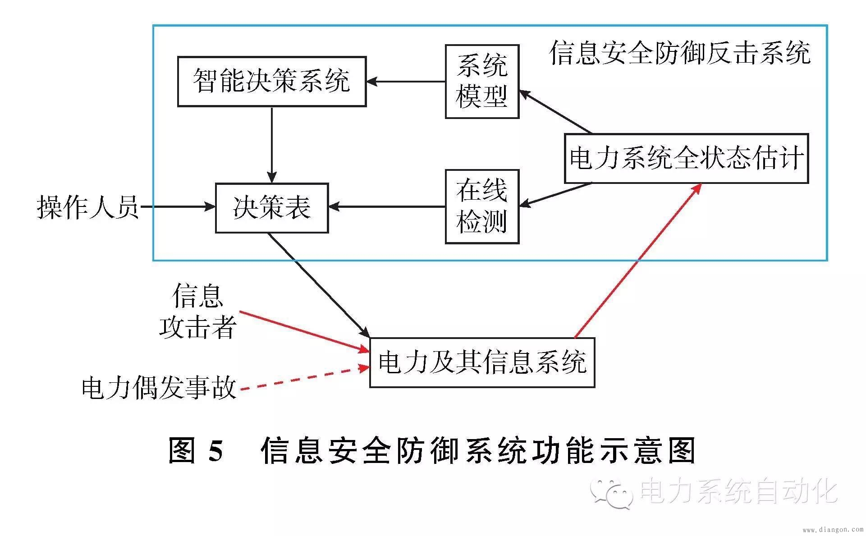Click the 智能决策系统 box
[x=271, y=82]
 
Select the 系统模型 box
[x=482, y=82]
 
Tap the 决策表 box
[x=271, y=208]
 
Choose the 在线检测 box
[x=482, y=207]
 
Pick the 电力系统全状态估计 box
[x=686, y=158]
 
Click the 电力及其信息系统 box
[x=482, y=362]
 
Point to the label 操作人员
[x=87, y=208]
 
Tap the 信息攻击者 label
[x=198, y=311]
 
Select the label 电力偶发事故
[x=159, y=388]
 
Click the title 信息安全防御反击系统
[x=680, y=53]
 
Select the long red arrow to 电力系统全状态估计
[x=638, y=261]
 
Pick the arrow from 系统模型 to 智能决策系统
[x=406, y=82]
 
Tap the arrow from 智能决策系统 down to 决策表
[x=271, y=144]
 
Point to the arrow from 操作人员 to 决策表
[x=178, y=207]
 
